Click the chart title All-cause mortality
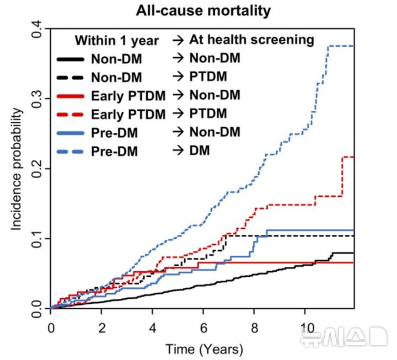click(x=203, y=11)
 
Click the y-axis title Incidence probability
click(x=16, y=169)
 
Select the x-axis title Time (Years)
click(x=205, y=350)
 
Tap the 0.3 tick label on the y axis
click(x=37, y=99)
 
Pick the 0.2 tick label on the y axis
click(x=37, y=169)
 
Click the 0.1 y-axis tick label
click(x=37, y=239)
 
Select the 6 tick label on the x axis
click(x=203, y=329)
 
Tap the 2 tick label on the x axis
click(x=102, y=329)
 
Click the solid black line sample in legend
click(x=71, y=60)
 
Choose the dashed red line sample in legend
click(x=71, y=115)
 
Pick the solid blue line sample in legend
click(x=71, y=133)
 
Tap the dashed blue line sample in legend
click(x=71, y=152)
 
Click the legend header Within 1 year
click(x=117, y=41)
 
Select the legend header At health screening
click(x=251, y=40)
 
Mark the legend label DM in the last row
click(x=200, y=151)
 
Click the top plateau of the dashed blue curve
click(x=341, y=46)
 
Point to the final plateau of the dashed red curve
click(x=348, y=157)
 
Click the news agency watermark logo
click(x=344, y=337)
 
